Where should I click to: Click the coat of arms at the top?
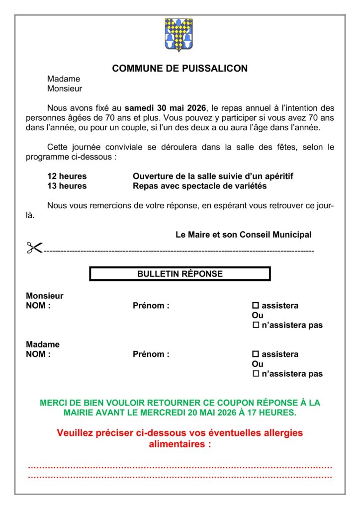coord(179,35)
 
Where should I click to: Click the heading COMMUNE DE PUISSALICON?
coord(180,69)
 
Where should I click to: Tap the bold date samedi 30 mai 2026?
coord(165,108)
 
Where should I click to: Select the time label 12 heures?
coord(67,176)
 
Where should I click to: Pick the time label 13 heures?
coord(67,186)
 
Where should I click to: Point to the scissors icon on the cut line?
coord(34,248)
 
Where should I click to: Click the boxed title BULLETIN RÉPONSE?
coord(180,274)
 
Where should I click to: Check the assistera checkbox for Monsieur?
coord(256,306)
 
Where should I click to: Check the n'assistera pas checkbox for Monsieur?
coord(256,325)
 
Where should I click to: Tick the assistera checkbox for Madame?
coord(256,354)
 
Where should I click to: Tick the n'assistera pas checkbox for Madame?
coord(256,374)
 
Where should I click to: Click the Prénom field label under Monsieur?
coord(151,306)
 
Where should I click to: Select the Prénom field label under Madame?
coord(151,354)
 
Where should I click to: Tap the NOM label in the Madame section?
coord(38,354)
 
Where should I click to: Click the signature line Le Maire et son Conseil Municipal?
coord(244,235)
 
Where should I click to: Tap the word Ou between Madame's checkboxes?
coord(258,364)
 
